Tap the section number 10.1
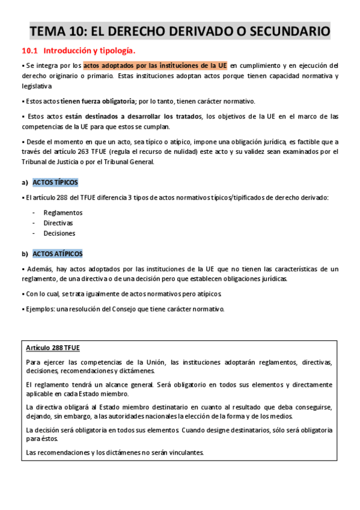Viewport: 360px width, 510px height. [x=29, y=51]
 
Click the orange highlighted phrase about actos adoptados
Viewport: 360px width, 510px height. [x=155, y=66]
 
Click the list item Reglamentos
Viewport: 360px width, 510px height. [x=63, y=212]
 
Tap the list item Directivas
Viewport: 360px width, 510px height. [x=59, y=223]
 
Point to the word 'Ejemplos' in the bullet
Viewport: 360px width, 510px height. [x=38, y=309]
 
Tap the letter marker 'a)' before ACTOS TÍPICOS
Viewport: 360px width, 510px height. [x=25, y=182]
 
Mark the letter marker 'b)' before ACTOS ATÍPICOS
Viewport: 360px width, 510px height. [x=25, y=254]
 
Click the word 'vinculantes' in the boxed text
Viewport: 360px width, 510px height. [x=186, y=452]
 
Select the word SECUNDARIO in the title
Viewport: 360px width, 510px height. [x=287, y=30]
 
